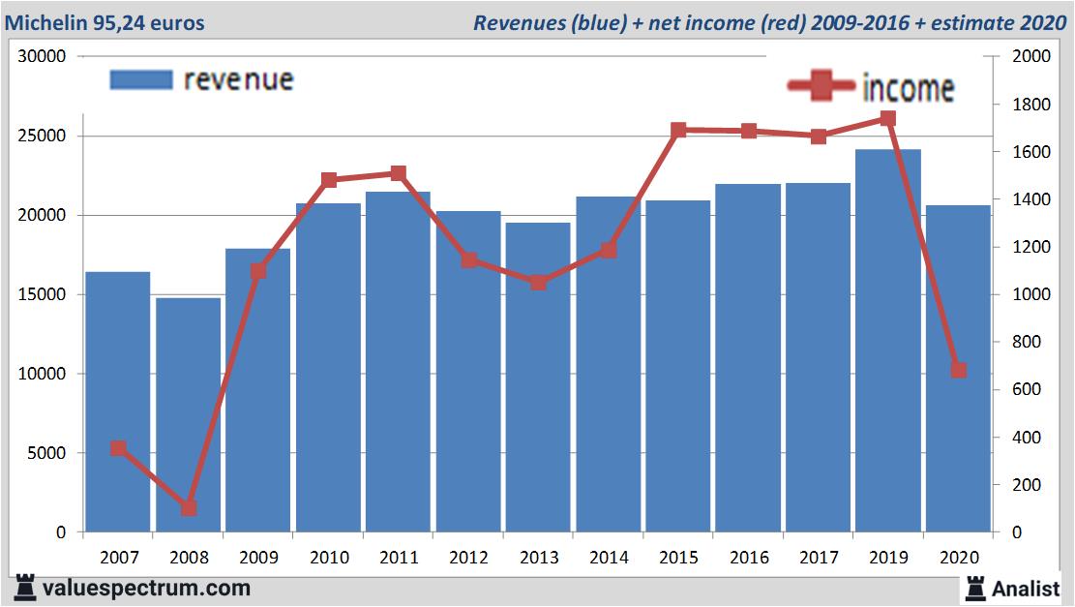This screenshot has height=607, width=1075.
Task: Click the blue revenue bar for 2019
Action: [887, 339]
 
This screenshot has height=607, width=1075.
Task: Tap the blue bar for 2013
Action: [538, 378]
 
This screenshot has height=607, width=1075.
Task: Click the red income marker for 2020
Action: [958, 370]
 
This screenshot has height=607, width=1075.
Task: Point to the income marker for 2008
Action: [189, 507]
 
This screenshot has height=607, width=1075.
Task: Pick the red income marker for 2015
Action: [678, 130]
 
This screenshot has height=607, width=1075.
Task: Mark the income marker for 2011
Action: [398, 173]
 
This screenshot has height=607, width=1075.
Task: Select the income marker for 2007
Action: [118, 448]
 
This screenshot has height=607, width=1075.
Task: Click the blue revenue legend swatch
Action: [140, 79]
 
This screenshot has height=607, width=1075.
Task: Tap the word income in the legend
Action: [908, 88]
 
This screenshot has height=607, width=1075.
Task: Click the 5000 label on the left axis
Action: [46, 453]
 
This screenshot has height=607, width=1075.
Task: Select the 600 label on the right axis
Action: [1026, 389]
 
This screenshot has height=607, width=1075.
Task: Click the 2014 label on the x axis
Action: [608, 558]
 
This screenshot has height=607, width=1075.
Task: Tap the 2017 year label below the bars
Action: [818, 558]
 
